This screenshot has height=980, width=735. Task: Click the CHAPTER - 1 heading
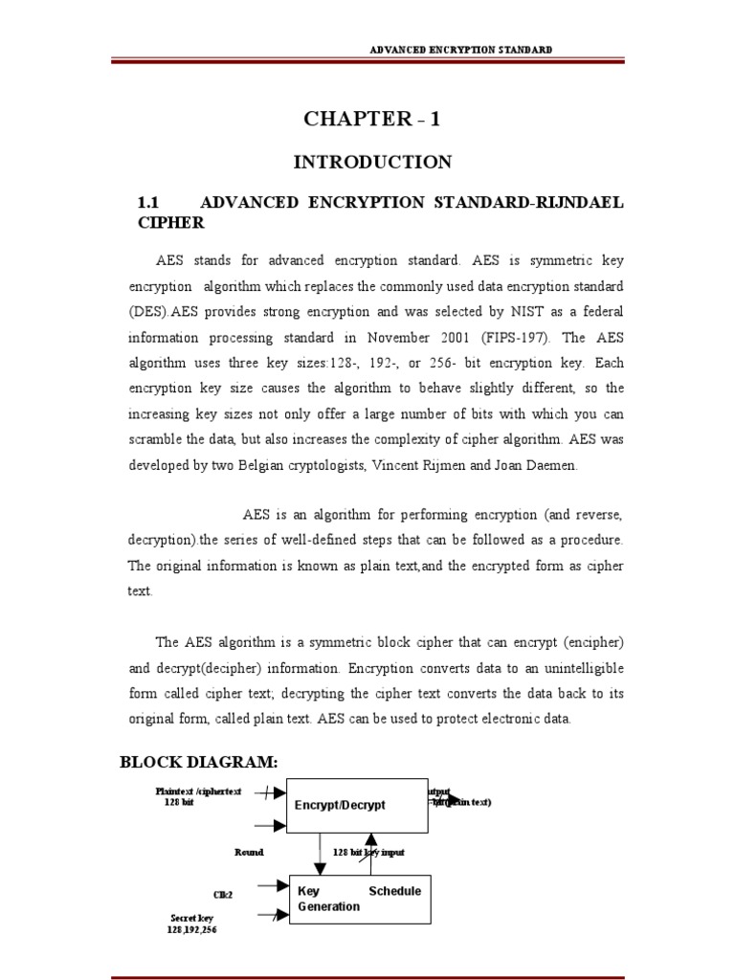372,120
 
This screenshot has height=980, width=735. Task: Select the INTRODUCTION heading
372,163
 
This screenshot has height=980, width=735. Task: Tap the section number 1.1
147,203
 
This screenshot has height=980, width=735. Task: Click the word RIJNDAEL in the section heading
574,203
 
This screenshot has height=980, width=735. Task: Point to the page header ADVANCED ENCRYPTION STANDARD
461,49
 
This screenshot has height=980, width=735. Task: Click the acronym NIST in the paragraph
515,311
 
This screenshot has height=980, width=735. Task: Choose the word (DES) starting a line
151,311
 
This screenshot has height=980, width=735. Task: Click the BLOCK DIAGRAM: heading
198,762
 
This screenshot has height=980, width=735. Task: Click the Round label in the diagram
249,851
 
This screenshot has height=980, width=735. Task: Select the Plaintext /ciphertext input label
199,791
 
